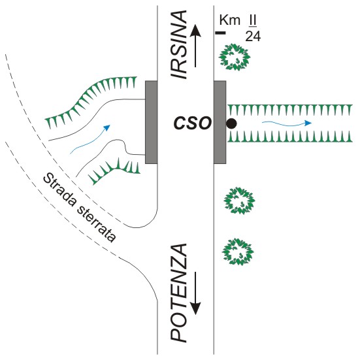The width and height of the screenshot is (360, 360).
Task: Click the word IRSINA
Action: pyautogui.click(x=178, y=45)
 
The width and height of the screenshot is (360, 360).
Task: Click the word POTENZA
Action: pyautogui.click(x=178, y=293)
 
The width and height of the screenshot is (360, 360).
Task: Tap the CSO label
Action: pyautogui.click(x=192, y=123)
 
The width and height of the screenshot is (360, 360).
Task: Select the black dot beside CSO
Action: pyautogui.click(x=231, y=123)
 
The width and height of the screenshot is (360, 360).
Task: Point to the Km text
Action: pyautogui.click(x=230, y=20)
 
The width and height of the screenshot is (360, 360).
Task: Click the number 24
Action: pyautogui.click(x=253, y=37)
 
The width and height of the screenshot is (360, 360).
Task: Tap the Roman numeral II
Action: pyautogui.click(x=253, y=20)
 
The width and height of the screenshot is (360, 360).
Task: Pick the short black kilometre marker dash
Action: pyautogui.click(x=220, y=33)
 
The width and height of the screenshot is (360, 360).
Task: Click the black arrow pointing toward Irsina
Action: pyautogui.click(x=195, y=46)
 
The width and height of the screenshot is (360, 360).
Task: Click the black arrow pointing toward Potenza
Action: pyautogui.click(x=195, y=293)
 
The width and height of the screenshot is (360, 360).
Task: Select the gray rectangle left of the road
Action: pyautogui.click(x=152, y=122)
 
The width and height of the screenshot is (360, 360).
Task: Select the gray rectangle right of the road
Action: pyautogui.click(x=220, y=122)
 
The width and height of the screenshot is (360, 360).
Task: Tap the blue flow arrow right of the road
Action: pyautogui.click(x=287, y=124)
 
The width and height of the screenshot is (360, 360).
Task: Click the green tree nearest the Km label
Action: pyautogui.click(x=234, y=57)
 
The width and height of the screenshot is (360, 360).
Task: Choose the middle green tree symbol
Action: pyautogui.click(x=239, y=201)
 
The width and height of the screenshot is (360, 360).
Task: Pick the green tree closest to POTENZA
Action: pyautogui.click(x=238, y=252)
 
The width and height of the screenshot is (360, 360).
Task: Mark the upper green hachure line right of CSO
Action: pyautogui.click(x=290, y=110)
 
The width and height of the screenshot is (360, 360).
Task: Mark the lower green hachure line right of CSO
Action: pyautogui.click(x=290, y=137)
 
